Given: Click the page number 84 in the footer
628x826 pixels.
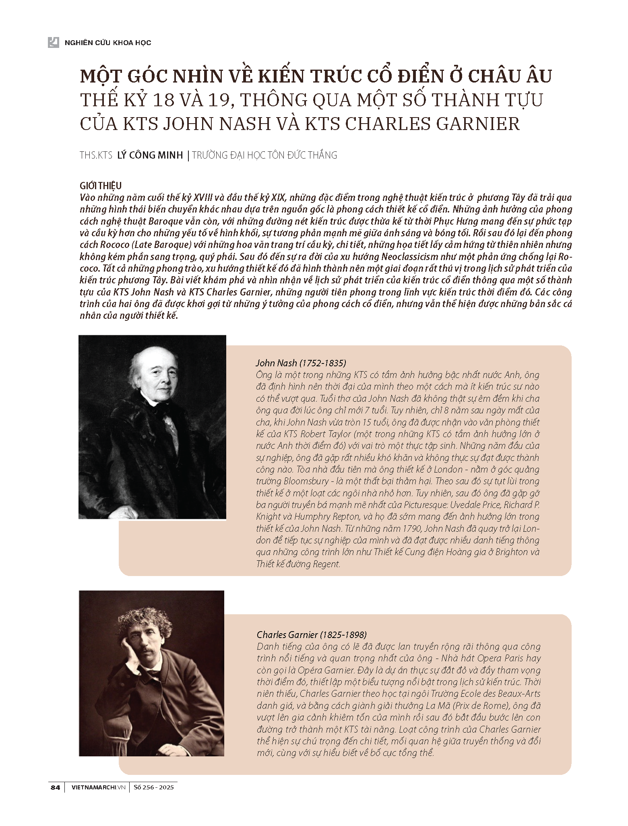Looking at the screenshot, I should [x=55, y=799].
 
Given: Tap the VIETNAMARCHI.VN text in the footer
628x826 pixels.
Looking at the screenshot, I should [x=98, y=799].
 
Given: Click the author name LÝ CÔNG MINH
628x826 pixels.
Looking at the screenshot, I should [x=150, y=155].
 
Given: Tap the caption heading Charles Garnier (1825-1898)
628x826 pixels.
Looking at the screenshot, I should [x=312, y=635].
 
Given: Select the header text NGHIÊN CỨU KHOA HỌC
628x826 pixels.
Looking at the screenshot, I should [x=108, y=42].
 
